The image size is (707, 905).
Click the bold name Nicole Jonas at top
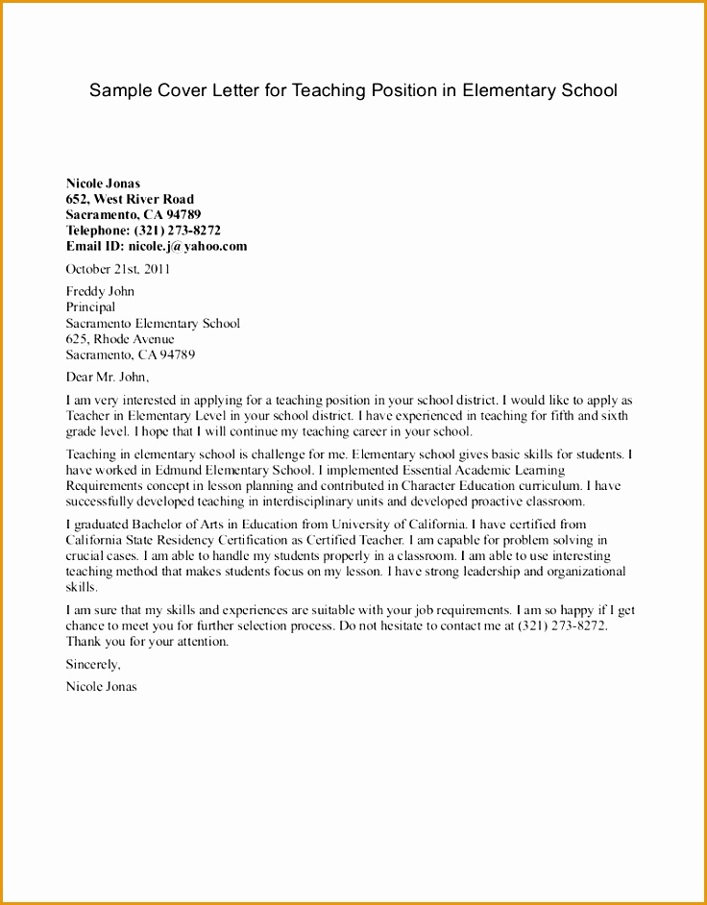103,183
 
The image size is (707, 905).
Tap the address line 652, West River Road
130,199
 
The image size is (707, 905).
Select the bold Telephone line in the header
143,231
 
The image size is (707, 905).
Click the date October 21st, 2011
117,269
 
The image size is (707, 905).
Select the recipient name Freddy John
100,291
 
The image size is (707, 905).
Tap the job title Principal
90,307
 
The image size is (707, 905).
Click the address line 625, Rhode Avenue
120,339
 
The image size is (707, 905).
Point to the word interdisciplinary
326,501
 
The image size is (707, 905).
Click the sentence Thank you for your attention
147,641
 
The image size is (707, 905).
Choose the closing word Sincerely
93,664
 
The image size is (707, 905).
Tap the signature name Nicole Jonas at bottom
101,687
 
